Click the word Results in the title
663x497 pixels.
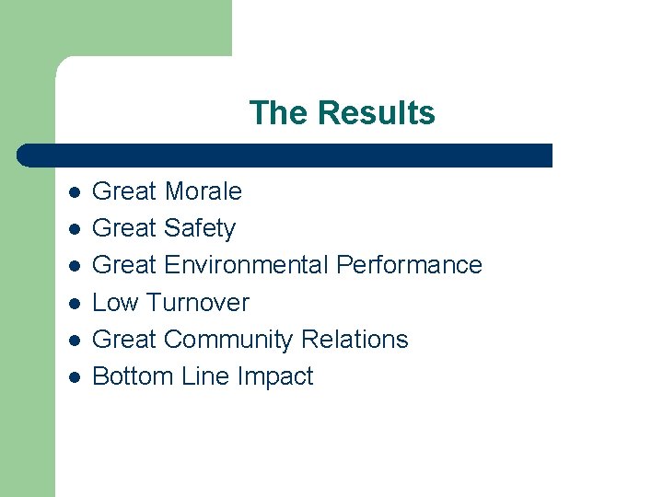pyautogui.click(x=376, y=113)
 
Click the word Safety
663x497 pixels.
pyautogui.click(x=199, y=228)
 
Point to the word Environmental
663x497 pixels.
pyautogui.click(x=246, y=265)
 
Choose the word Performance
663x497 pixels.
pyautogui.click(x=409, y=265)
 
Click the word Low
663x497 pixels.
pyautogui.click(x=115, y=303)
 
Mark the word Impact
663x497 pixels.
pyautogui.click(x=275, y=376)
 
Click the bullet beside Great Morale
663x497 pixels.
pyautogui.click(x=74, y=192)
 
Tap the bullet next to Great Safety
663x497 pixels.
pyautogui.click(x=74, y=229)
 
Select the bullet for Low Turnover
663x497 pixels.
pyautogui.click(x=74, y=303)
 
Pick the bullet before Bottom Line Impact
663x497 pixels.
pyautogui.click(x=74, y=377)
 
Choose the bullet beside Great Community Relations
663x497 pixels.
pyautogui.click(x=74, y=341)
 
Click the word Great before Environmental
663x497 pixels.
pyautogui.click(x=125, y=265)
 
